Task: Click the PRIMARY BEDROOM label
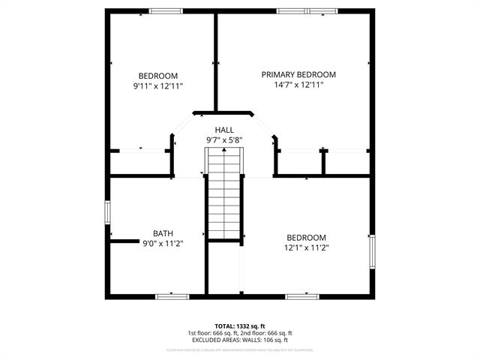pyautogui.click(x=298, y=74)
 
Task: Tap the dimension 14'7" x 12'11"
pyautogui.click(x=298, y=85)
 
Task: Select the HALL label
pyautogui.click(x=224, y=130)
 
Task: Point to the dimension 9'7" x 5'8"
pyautogui.click(x=224, y=140)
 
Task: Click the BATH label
pyautogui.click(x=163, y=232)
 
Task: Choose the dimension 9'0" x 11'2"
pyautogui.click(x=163, y=243)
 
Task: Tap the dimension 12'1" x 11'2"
pyautogui.click(x=306, y=247)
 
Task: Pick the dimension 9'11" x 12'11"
pyautogui.click(x=158, y=86)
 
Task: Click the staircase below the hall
pyautogui.click(x=225, y=195)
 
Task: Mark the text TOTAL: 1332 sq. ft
pyautogui.click(x=239, y=326)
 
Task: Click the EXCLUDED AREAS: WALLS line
pyautogui.click(x=239, y=340)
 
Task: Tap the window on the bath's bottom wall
pyautogui.click(x=171, y=296)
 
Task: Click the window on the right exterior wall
pyautogui.click(x=371, y=251)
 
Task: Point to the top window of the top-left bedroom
pyautogui.click(x=166, y=10)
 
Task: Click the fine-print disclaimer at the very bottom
pyautogui.click(x=239, y=350)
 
